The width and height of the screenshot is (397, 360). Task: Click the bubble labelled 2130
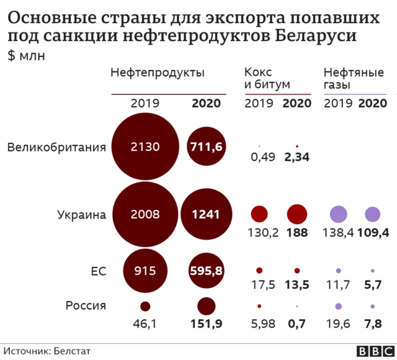145,147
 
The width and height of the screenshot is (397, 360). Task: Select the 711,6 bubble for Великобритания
206,147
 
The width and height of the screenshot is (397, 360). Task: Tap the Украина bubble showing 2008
145,215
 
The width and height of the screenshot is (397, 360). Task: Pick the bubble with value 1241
206,215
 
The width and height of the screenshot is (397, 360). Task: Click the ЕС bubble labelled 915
145,271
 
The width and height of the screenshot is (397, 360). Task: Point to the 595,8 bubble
206,271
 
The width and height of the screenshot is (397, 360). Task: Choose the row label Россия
86,305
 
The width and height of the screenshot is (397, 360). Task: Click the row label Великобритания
56,147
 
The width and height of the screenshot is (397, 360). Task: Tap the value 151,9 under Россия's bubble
206,323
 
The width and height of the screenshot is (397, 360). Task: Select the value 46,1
145,323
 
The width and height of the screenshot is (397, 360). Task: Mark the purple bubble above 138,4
338,214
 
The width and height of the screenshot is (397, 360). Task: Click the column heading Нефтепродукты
157,73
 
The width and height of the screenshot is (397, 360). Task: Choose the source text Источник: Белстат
47,351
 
